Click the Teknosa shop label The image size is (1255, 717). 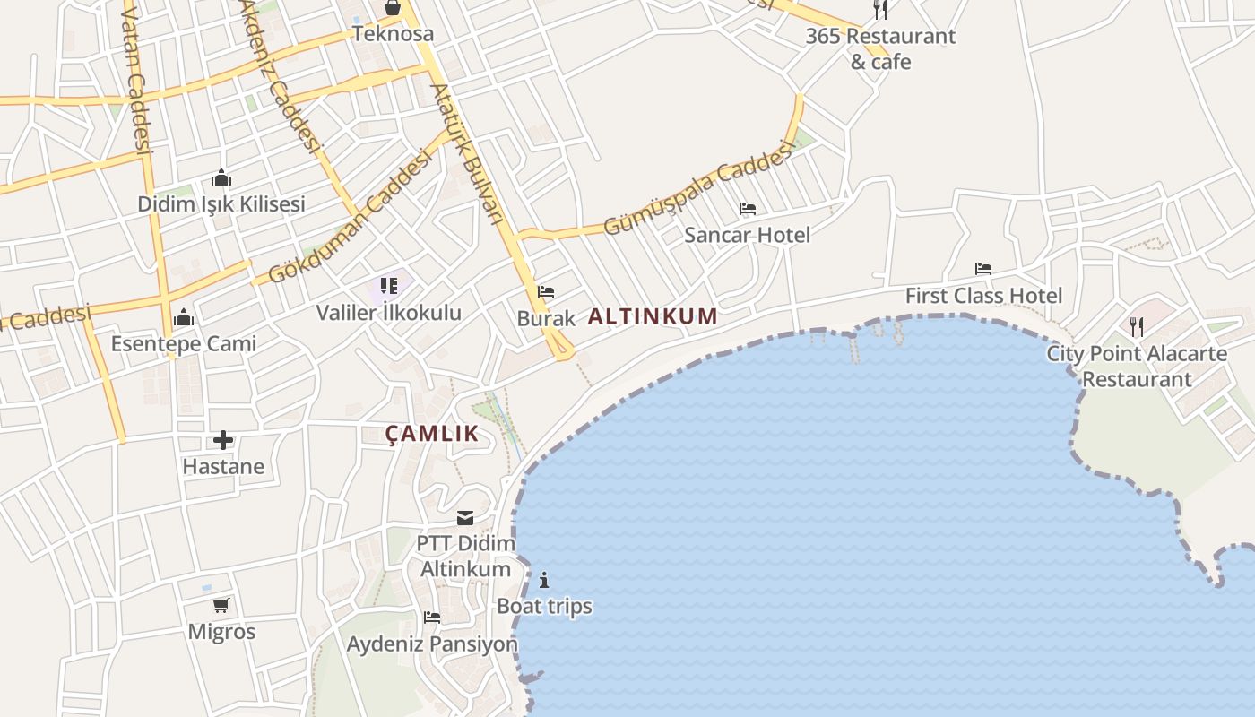[x=393, y=34]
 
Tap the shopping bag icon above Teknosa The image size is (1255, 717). [x=393, y=8]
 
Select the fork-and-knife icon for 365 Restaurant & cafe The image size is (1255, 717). [x=880, y=10]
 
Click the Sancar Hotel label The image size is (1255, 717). [x=747, y=235]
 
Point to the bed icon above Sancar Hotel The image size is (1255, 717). [x=748, y=209]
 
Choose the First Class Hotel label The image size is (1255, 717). [x=983, y=296]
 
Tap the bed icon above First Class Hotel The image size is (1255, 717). [x=983, y=269]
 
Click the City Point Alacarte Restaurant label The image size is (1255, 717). [x=1137, y=366]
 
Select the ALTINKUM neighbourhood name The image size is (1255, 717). [x=653, y=316]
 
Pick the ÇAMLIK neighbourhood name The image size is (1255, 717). [x=432, y=434]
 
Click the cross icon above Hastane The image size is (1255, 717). [x=223, y=440]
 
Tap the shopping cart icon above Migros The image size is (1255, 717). [x=221, y=605]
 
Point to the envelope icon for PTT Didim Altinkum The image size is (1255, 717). [x=465, y=518]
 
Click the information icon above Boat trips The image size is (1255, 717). [x=544, y=580]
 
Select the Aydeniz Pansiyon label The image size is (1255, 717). [x=432, y=644]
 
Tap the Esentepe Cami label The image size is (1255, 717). [x=184, y=343]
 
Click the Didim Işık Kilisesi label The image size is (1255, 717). [x=221, y=204]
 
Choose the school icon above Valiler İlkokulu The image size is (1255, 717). [x=388, y=286]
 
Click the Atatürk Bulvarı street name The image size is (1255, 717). [x=465, y=153]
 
